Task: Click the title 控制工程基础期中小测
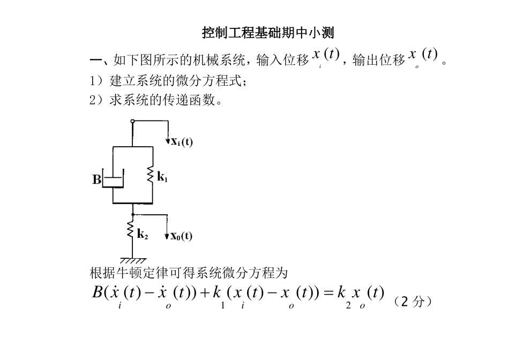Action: coord(268,33)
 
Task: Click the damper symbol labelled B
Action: coord(113,179)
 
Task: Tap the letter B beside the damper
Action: coord(97,180)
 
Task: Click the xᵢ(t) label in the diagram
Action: coord(182,142)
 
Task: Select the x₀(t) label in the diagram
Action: coord(182,236)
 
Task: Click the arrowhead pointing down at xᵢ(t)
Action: coord(168,141)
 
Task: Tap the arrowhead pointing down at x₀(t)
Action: coord(168,236)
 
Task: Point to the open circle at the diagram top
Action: coord(132,121)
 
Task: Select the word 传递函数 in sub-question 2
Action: coord(193,100)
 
